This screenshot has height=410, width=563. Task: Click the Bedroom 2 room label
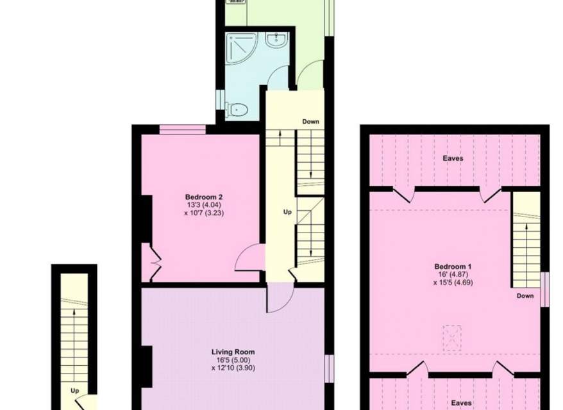pyautogui.click(x=204, y=197)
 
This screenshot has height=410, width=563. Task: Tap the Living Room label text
pyautogui.click(x=233, y=352)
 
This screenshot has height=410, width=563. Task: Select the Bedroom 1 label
pyautogui.click(x=453, y=266)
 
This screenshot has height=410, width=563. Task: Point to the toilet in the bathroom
pyautogui.click(x=236, y=110)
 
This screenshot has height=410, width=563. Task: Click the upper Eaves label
pyautogui.click(x=453, y=158)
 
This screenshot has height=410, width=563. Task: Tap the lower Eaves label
pyautogui.click(x=462, y=403)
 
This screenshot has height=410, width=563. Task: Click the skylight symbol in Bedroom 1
pyautogui.click(x=452, y=338)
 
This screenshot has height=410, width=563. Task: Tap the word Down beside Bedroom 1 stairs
pyautogui.click(x=525, y=296)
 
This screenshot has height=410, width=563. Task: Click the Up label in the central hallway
pyautogui.click(x=287, y=212)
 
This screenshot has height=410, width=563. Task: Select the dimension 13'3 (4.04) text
pyautogui.click(x=205, y=205)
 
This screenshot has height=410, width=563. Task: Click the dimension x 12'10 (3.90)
pyautogui.click(x=233, y=368)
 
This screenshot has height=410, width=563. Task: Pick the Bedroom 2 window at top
pyautogui.click(x=182, y=129)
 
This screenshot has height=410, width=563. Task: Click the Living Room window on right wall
pyautogui.click(x=329, y=369)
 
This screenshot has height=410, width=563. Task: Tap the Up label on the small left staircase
pyautogui.click(x=74, y=391)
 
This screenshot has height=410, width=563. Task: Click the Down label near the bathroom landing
pyautogui.click(x=310, y=122)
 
